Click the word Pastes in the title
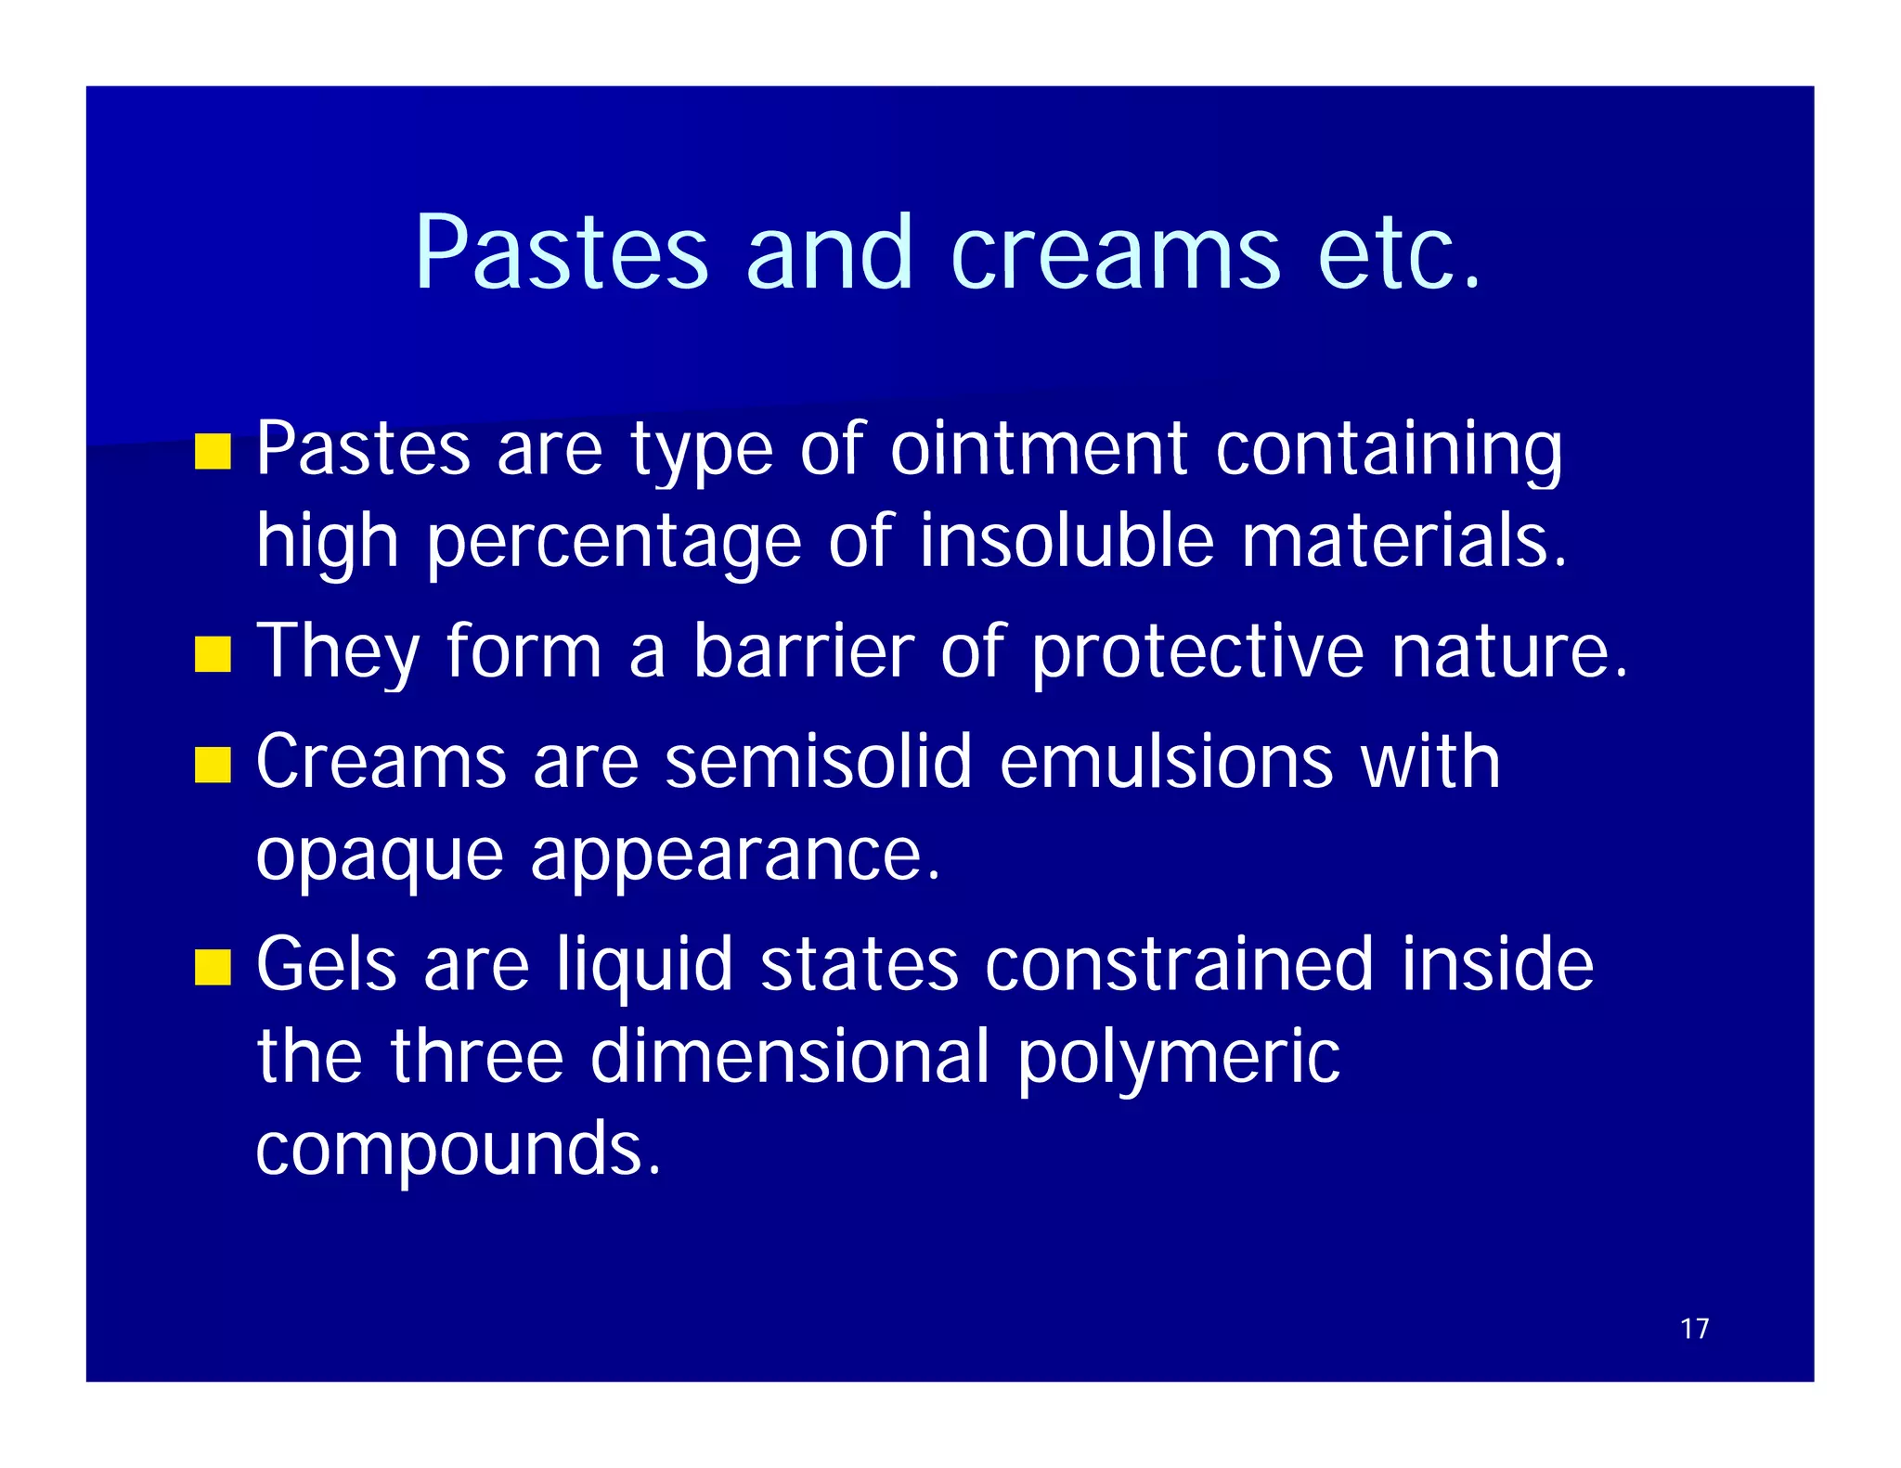tap(562, 252)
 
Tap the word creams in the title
tap(1115, 252)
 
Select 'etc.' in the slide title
tap(1399, 252)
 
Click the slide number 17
tap(1694, 1329)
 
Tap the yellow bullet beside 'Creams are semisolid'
tap(213, 765)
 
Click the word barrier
tap(804, 651)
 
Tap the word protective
tap(1197, 653)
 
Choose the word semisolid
tap(818, 763)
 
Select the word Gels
tap(327, 965)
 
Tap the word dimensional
tap(790, 1057)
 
